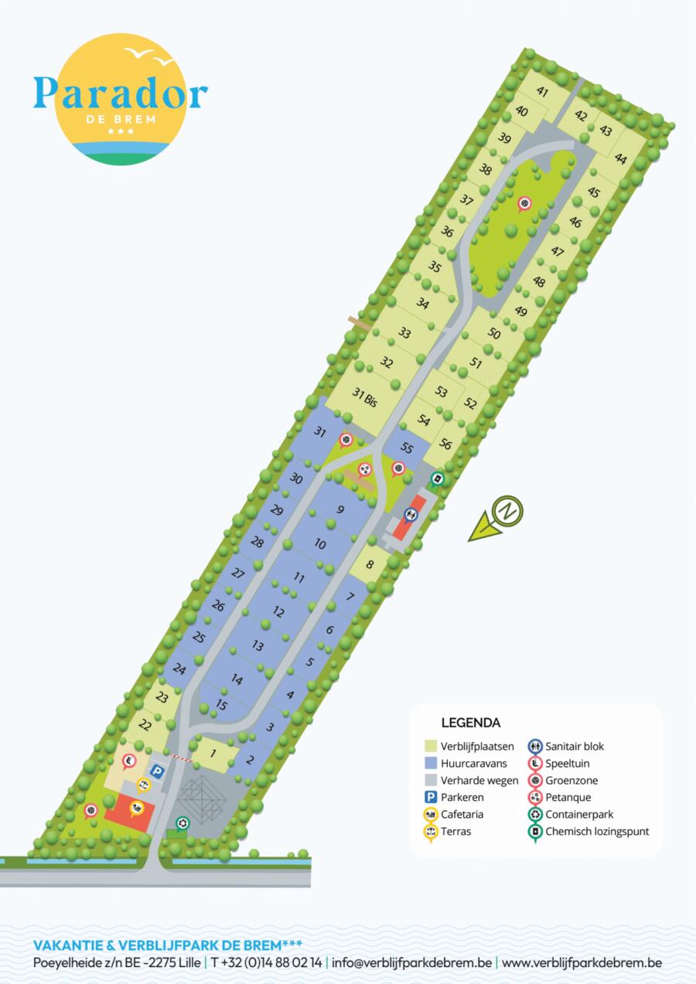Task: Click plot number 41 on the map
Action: pos(542,92)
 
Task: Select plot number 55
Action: pos(407,448)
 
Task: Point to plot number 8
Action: pos(370,564)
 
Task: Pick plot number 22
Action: pos(145,724)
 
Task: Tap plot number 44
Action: pos(620,158)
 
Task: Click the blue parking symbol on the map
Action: pos(157,771)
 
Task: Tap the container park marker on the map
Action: pos(182,824)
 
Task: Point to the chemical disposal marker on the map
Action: pos(438,479)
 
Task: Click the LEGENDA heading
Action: pos(470,724)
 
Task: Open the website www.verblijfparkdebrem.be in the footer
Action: pos(582,962)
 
